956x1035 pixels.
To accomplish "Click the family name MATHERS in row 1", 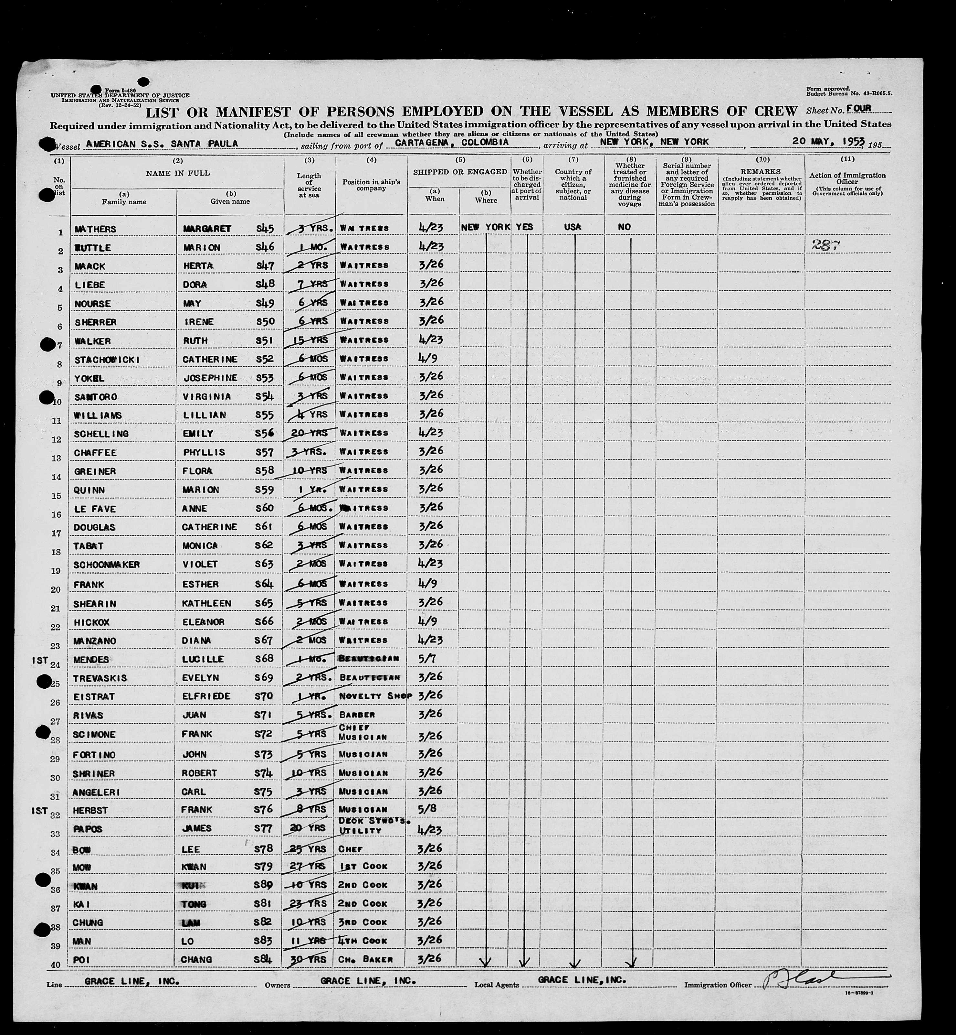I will tap(95, 229).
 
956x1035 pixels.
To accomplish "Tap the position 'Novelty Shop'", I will tap(375, 696).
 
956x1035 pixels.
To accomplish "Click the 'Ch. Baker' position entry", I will tap(366, 959).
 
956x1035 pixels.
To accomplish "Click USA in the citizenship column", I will tap(573, 227).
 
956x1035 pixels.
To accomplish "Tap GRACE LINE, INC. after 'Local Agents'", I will tap(582, 980).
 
